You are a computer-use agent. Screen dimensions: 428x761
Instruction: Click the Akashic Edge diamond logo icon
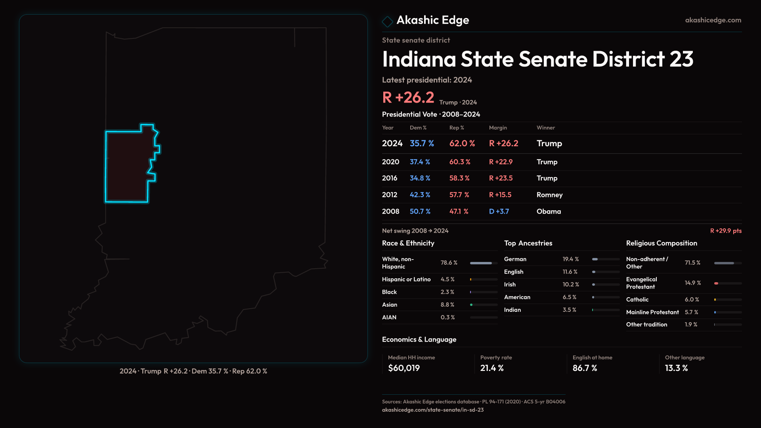tap(387, 21)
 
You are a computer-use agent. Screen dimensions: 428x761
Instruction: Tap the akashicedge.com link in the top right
tap(713, 20)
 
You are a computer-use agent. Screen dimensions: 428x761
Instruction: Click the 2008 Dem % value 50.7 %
tap(420, 212)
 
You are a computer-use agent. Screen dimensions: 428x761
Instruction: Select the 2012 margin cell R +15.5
tap(500, 195)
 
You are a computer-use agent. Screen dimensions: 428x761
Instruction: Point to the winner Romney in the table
tap(549, 195)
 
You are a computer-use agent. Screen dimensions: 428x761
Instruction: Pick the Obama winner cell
tap(549, 212)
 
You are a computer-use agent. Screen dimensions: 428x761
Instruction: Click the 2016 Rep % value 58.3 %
tap(459, 178)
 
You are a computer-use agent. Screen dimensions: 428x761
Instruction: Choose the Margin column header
tap(498, 128)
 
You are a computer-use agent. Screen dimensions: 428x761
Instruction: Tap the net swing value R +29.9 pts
tap(726, 231)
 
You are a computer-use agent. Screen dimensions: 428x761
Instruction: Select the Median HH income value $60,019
tap(404, 368)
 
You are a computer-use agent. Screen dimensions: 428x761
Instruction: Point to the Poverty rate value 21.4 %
tap(492, 368)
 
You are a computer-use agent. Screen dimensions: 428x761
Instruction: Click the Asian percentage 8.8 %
tap(447, 305)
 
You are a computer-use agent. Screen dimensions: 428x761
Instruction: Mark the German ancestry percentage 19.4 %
tap(571, 259)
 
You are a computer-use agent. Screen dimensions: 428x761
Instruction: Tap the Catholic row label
tap(637, 300)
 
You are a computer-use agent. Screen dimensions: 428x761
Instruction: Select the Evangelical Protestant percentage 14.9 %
tap(693, 283)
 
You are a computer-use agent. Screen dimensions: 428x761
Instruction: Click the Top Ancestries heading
tap(528, 243)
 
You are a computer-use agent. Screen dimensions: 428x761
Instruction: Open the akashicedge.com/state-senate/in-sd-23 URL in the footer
tap(433, 410)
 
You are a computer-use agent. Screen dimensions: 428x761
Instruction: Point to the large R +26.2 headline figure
tap(408, 97)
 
